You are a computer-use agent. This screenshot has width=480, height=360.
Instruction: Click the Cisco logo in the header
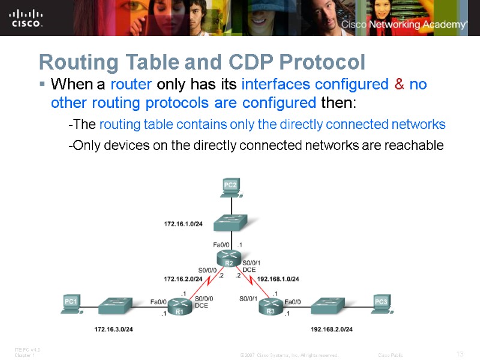pyautogui.click(x=26, y=18)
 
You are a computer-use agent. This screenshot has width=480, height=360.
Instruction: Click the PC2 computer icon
pyautogui.click(x=230, y=187)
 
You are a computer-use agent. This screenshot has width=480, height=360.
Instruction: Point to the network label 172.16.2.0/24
pyautogui.click(x=183, y=279)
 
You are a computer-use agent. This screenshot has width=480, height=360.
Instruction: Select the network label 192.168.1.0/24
pyautogui.click(x=278, y=279)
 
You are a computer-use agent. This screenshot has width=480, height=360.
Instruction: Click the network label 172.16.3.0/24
pyautogui.click(x=113, y=329)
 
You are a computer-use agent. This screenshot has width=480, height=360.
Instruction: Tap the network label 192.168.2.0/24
pyautogui.click(x=332, y=329)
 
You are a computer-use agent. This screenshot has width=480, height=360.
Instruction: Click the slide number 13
pyautogui.click(x=460, y=355)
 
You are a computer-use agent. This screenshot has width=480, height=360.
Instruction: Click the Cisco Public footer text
pyautogui.click(x=391, y=355)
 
